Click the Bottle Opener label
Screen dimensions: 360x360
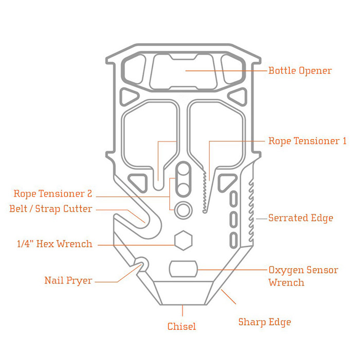(300, 70)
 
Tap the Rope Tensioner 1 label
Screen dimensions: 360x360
(307, 140)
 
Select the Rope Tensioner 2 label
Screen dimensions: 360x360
(53, 194)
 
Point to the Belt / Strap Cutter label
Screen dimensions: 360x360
(50, 209)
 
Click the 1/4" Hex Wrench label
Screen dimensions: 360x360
(55, 244)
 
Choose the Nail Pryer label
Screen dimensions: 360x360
(68, 280)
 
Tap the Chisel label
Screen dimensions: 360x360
(182, 326)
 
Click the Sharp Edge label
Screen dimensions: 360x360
(264, 322)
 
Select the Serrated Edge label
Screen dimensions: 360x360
(300, 218)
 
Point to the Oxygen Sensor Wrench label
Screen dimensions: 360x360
(303, 276)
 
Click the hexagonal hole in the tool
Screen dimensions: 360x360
(183, 240)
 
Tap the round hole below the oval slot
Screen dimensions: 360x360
(183, 210)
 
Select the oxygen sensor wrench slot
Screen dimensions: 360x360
(183, 268)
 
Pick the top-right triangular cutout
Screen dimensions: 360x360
(237, 95)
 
